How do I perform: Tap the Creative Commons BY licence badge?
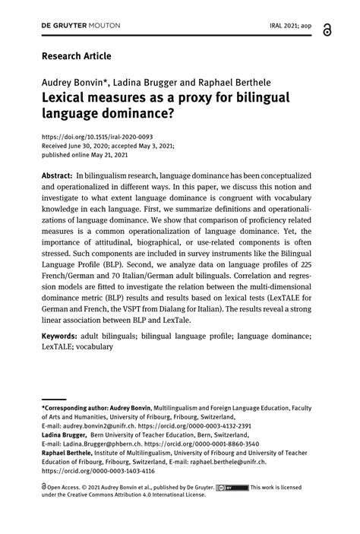[x=232, y=487]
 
